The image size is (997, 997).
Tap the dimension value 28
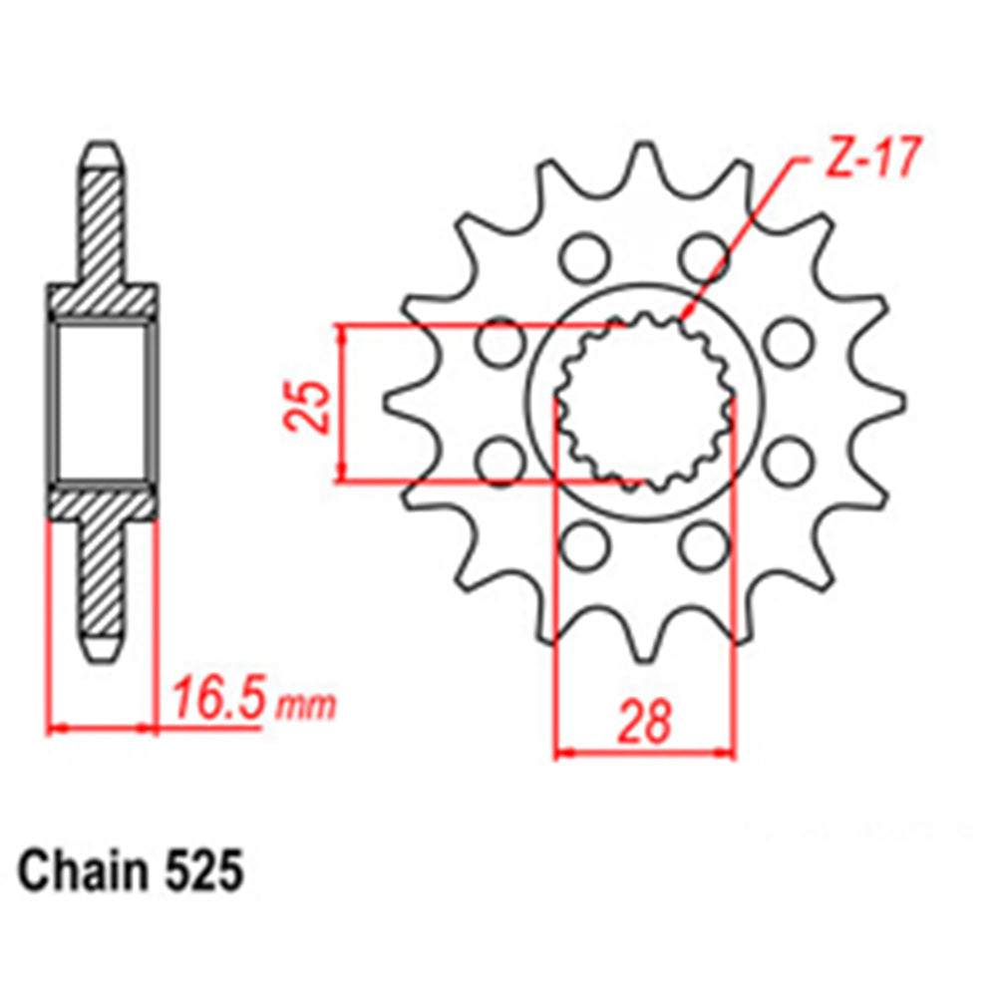pyautogui.click(x=644, y=722)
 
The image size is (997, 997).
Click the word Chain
pyautogui.click(x=81, y=870)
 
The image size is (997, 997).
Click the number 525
pyautogui.click(x=200, y=870)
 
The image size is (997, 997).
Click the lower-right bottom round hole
pyautogui.click(x=704, y=543)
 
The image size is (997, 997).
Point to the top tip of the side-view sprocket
pyautogui.click(x=104, y=151)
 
